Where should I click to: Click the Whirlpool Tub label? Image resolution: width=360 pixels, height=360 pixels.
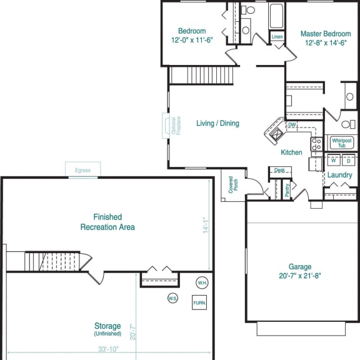[x=342, y=142]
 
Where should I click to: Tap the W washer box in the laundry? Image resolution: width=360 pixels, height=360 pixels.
[x=334, y=161]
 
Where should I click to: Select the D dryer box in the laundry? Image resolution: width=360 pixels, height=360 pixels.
[x=349, y=161]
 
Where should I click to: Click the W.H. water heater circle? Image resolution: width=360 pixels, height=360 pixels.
[x=202, y=282]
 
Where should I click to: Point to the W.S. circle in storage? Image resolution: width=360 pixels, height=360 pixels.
[x=173, y=298]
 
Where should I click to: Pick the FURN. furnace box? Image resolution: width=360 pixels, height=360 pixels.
[x=199, y=303]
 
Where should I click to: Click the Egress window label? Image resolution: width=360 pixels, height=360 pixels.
[x=83, y=170]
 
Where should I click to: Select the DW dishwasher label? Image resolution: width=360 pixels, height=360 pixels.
[x=292, y=125]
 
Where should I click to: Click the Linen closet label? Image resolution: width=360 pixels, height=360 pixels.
[x=277, y=37]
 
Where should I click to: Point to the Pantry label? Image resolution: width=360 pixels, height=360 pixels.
[x=287, y=190]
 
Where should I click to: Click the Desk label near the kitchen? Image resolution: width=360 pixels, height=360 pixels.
[x=279, y=170]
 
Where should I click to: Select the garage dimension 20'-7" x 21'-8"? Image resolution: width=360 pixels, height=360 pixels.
[x=300, y=276]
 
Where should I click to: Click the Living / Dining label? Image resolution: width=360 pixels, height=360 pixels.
[x=217, y=123]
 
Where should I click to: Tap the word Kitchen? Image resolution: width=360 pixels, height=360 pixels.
[x=291, y=152]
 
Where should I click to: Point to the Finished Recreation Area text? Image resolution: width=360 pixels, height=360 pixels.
[x=107, y=222]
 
